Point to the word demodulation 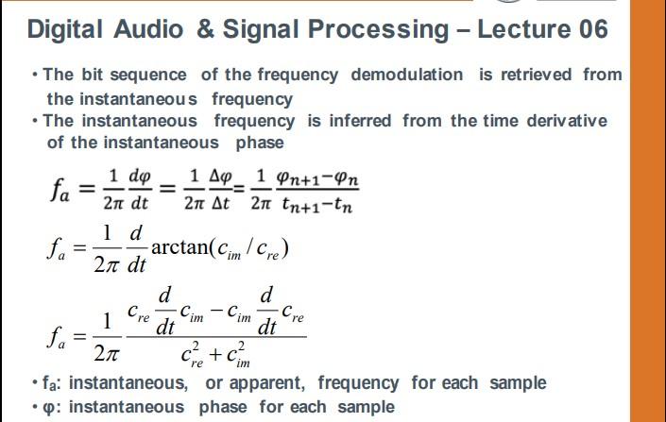(407, 75)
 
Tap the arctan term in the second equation (179, 249)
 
